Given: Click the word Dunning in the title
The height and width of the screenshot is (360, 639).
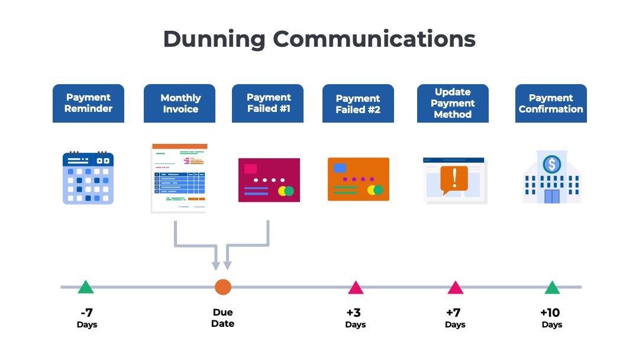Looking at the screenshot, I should [214, 40].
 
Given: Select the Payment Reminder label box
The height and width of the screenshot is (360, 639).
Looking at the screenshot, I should [88, 104].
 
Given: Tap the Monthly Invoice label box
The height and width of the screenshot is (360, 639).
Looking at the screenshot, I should [180, 104].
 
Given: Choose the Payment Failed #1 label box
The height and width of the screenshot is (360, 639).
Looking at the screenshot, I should [268, 104].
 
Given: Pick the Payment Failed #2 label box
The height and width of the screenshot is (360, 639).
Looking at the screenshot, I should [358, 104].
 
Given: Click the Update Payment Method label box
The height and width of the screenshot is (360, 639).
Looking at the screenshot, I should [453, 104].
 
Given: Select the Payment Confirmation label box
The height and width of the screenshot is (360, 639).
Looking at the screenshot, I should [551, 104].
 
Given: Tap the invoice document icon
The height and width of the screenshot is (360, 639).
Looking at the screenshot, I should [179, 178].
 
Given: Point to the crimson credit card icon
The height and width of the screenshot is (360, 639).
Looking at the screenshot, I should [269, 180].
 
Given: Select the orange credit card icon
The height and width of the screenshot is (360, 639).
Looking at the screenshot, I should [359, 179].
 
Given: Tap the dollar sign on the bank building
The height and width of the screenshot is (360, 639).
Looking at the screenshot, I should [552, 164].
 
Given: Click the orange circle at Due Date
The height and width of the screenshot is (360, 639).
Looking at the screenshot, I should [223, 287].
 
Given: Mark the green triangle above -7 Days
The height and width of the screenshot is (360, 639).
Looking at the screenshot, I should [86, 288].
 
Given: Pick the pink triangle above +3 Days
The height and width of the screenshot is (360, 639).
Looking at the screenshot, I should [356, 288].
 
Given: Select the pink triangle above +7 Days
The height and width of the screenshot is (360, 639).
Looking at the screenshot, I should [455, 288].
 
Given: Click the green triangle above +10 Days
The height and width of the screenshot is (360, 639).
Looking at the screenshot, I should [552, 288].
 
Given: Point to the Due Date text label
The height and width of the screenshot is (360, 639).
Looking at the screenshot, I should [223, 318].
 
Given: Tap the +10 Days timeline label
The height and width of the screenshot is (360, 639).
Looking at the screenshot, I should [551, 318].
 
